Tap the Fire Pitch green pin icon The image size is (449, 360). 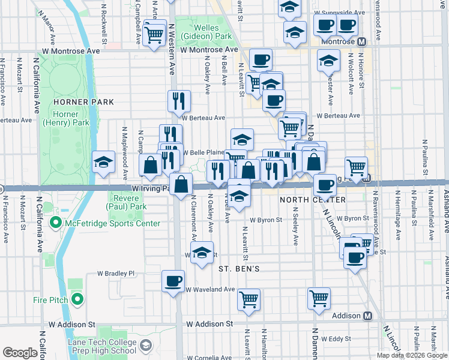coord(77,299)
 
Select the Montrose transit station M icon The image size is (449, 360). coord(361,42)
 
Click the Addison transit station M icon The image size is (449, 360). coord(368,316)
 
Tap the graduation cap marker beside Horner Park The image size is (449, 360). coord(103,161)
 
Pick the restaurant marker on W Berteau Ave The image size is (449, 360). coord(178,101)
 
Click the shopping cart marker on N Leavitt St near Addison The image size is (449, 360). coord(249,299)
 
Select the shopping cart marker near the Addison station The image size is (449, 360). coord(319,298)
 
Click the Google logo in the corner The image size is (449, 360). coord(20,353)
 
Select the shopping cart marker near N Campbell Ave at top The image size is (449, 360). coord(155,34)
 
